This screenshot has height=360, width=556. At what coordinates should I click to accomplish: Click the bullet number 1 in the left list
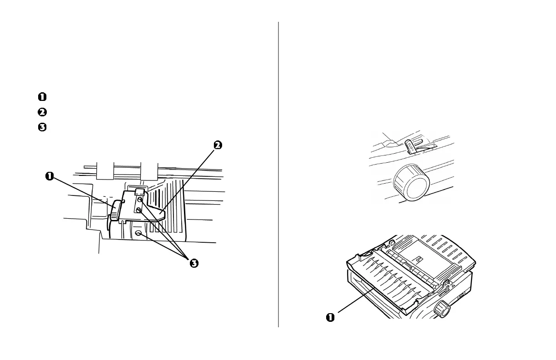pyautogui.click(x=42, y=96)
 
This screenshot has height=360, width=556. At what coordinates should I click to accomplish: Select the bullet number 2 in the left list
pyautogui.click(x=42, y=112)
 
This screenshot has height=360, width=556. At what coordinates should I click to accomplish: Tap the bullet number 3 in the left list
pyautogui.click(x=42, y=127)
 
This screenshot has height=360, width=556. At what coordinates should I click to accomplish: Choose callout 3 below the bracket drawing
pyautogui.click(x=194, y=264)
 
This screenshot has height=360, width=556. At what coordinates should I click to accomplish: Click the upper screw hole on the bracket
pyautogui.click(x=140, y=199)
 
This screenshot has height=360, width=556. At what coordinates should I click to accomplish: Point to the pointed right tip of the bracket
pyautogui.click(x=163, y=213)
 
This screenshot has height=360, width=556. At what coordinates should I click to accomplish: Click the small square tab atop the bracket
pyautogui.click(x=139, y=191)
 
